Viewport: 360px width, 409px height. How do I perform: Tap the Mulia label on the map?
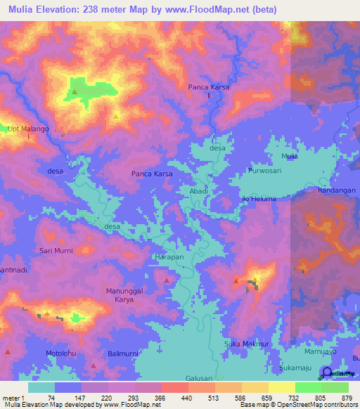290,156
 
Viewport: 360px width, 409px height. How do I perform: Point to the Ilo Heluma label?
259,199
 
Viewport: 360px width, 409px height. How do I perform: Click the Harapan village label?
169,257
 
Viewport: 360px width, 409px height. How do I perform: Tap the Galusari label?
199,378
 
